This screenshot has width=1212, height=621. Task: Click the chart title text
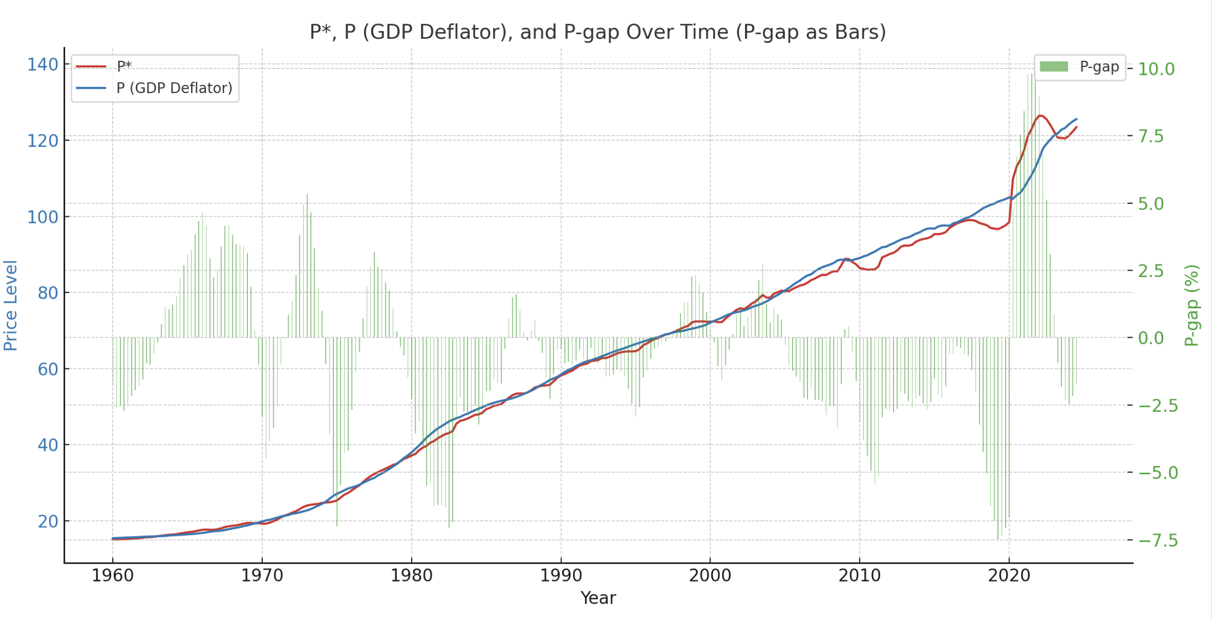597,32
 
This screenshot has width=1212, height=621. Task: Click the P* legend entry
124,66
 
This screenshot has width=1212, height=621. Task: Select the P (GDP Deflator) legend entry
174,88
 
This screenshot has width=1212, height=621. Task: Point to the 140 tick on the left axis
43,65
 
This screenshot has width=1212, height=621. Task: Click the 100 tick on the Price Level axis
43,217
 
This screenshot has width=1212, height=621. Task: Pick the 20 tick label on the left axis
48,521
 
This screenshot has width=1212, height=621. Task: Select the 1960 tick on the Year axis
113,576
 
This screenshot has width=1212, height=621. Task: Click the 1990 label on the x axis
561,576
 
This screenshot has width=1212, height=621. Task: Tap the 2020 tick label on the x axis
1009,576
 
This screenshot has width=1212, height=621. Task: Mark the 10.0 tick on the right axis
1156,69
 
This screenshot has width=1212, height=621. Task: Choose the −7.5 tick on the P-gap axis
1158,540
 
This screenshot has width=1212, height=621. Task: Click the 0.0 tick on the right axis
1156,338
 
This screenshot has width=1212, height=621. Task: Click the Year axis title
598,598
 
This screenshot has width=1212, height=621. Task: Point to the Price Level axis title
11,305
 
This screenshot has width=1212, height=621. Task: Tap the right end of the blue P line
1076,119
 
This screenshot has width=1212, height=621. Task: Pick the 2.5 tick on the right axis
1156,271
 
